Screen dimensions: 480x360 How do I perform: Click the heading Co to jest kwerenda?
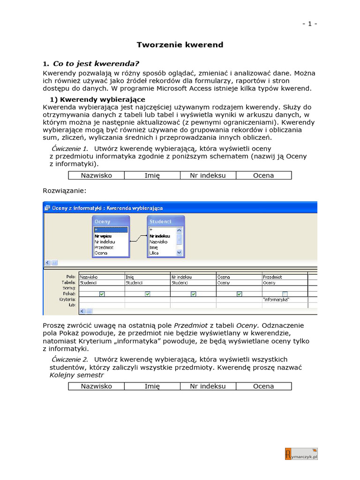[96, 64]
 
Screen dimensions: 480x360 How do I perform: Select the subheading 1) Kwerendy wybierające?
[97, 99]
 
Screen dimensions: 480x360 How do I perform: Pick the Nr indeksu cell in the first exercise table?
[208, 175]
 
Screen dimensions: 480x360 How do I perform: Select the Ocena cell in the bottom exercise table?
[263, 386]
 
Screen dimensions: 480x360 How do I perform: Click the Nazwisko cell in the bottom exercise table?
[96, 386]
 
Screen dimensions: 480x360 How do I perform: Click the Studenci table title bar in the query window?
[165, 221]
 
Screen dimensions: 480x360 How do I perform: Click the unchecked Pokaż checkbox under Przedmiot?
[285, 294]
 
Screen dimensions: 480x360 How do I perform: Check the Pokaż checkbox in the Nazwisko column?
[102, 294]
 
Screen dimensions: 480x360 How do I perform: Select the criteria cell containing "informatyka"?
[284, 300]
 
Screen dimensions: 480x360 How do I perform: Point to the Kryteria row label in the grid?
[68, 299]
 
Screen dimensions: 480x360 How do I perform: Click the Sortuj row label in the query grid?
[69, 288]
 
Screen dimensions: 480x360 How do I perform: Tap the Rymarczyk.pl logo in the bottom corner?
[301, 454]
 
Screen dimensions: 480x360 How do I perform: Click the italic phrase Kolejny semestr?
[76, 375]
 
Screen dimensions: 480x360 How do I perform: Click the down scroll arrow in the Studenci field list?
[179, 252]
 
